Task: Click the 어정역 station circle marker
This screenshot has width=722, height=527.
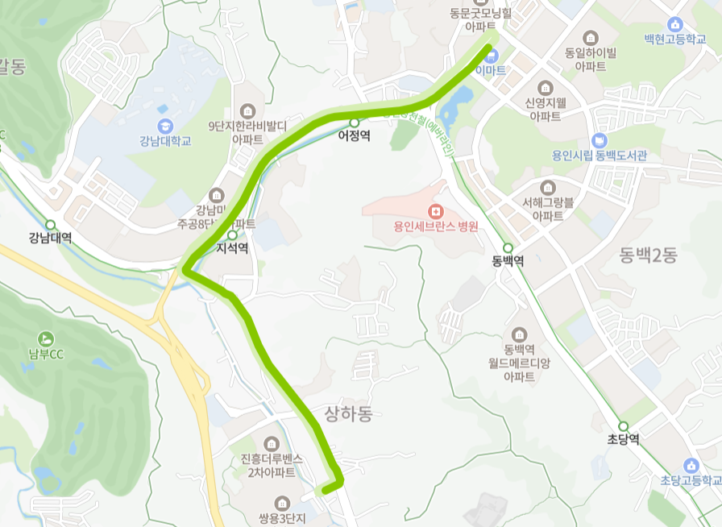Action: coord(354,122)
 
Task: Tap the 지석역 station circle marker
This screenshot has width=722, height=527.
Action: coord(232,235)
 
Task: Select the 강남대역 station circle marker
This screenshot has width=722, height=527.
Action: coord(50,225)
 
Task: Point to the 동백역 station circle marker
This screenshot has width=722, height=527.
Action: coord(508,248)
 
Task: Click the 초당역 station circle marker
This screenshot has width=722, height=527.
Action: coord(623,426)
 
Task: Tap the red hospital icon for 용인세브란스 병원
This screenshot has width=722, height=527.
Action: coord(436,211)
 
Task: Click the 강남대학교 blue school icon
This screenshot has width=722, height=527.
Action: coord(165,127)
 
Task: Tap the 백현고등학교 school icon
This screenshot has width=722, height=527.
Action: coord(675,24)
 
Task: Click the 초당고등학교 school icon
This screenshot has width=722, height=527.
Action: coord(691,466)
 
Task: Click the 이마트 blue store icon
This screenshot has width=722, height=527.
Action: coord(492,55)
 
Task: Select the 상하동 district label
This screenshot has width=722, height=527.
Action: coord(349,414)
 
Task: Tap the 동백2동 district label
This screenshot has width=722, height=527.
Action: coord(649,256)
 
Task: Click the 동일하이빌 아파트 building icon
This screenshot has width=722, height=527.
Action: coord(591,38)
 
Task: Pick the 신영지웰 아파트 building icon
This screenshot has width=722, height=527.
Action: coord(546,87)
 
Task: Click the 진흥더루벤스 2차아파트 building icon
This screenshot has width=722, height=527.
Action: coord(271,443)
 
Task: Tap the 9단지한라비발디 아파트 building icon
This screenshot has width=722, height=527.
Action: coord(247,110)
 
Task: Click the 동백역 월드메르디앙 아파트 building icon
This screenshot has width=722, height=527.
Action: coord(519,334)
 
